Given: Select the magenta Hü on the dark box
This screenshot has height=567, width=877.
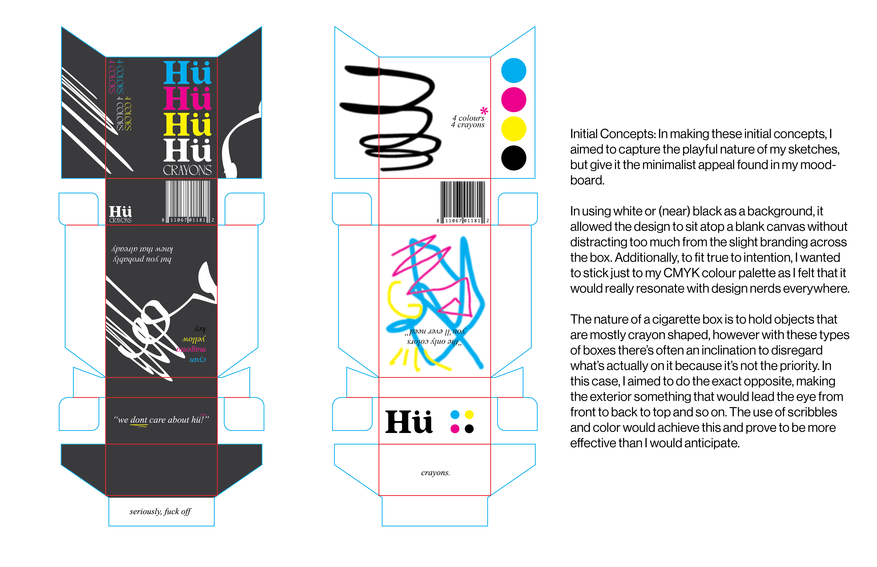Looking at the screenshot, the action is [187, 99].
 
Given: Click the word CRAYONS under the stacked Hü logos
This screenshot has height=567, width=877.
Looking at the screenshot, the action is [187, 170].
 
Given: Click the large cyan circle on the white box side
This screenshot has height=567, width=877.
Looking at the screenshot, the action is [513, 70].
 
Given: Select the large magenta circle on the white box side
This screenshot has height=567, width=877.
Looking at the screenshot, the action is [513, 99].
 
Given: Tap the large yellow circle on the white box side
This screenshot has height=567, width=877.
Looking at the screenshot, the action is [513, 129].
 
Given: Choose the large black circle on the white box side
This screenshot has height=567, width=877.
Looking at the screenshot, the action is [513, 158].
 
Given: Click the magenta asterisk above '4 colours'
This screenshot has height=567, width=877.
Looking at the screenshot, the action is [484, 110].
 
